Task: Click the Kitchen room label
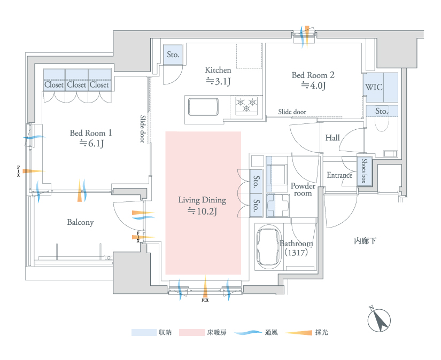coord(218,70)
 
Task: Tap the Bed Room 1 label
coord(91,133)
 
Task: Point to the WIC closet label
coord(374,87)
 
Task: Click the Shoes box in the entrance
coord(364,171)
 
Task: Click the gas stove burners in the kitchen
coord(246,105)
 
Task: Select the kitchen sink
coord(203,106)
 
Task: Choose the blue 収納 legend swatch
coord(143,332)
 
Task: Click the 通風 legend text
coord(271,332)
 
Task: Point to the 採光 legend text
coord(321,332)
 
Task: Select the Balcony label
coord(80,222)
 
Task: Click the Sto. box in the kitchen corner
coord(173,54)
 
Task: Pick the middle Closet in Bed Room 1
coord(76,84)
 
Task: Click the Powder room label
coord(303,190)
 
